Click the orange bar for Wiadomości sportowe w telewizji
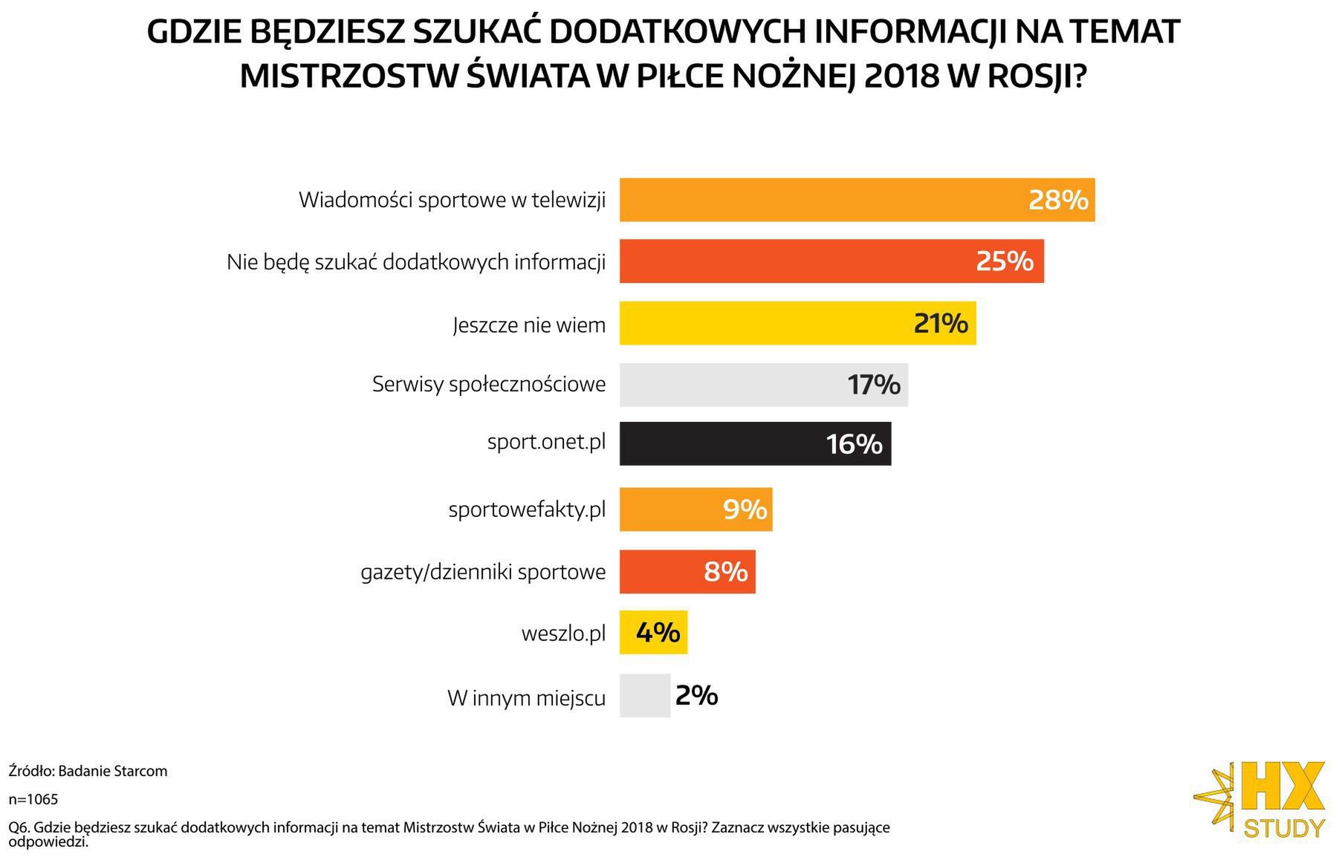(x=817, y=200)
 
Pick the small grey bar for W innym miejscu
(x=644, y=696)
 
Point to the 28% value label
(x=1057, y=200)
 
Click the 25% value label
(x=1004, y=261)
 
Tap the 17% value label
(x=873, y=385)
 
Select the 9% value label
(x=744, y=509)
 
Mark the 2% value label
(x=696, y=696)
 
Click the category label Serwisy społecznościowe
(x=488, y=385)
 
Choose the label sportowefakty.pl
(x=527, y=510)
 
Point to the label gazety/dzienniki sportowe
(x=483, y=573)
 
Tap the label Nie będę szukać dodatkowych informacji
(x=416, y=262)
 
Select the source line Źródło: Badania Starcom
(x=88, y=771)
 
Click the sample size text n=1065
(x=33, y=800)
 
